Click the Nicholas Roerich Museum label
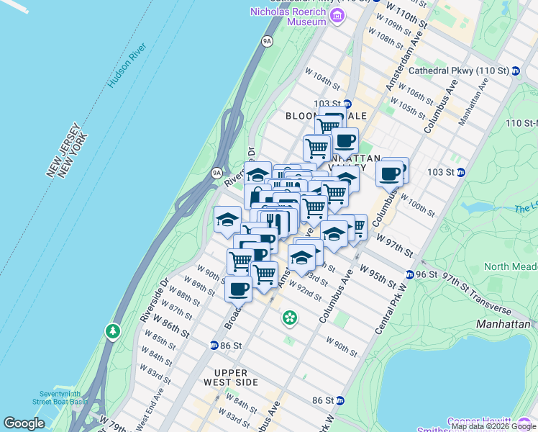[288, 17]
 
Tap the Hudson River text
[127, 66]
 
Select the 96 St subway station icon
[409, 275]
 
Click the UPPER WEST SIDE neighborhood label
[230, 382]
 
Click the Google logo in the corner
[24, 423]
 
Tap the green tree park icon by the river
[112, 331]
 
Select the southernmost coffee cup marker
[238, 289]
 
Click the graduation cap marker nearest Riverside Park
[227, 220]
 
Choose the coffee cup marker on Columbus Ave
[390, 173]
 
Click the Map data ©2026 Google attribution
[493, 426]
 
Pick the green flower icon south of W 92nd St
[289, 317]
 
